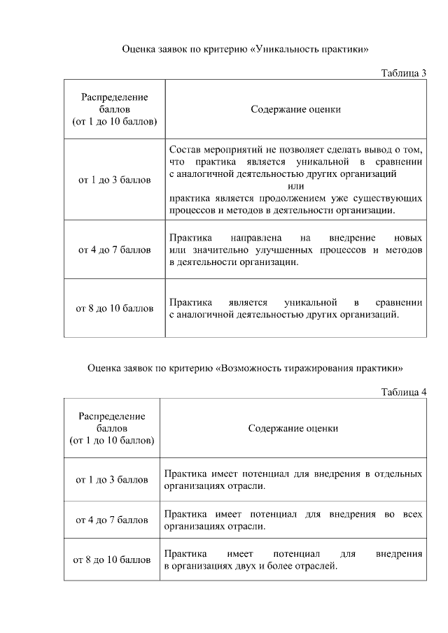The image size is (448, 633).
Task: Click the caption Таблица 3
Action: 403,73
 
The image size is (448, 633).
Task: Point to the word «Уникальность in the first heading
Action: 287,50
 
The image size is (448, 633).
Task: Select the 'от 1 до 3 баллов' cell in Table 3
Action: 114,180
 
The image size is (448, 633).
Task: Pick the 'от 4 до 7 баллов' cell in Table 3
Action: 114,250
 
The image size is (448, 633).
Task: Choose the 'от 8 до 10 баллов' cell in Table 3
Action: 114,308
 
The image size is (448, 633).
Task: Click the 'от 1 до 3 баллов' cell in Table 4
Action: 112,480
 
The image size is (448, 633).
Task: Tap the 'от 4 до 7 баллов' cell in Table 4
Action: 112,520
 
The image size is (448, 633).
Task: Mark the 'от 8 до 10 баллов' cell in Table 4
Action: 112,560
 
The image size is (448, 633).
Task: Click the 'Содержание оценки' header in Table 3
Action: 295,109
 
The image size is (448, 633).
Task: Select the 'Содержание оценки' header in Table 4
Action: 293,428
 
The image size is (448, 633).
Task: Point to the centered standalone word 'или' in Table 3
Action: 296,186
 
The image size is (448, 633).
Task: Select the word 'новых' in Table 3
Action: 408,238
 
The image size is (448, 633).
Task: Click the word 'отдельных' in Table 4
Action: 400,474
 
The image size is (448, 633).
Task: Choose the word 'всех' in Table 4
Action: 413,514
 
